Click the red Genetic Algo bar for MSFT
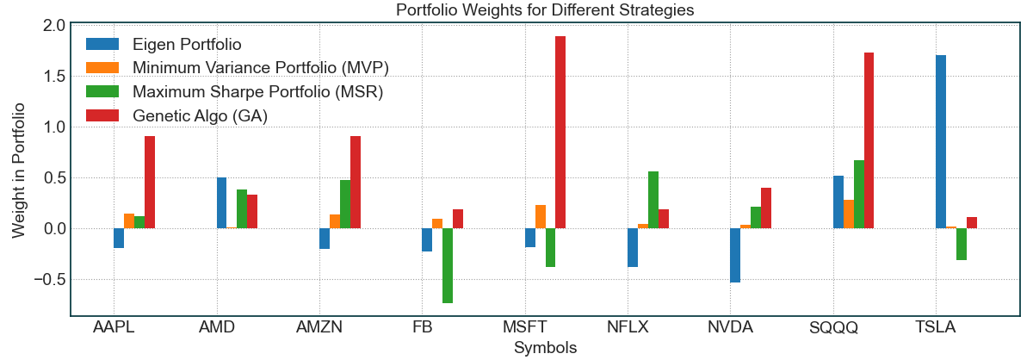[560, 133]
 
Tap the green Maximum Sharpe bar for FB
[448, 265]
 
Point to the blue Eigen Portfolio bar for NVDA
[735, 255]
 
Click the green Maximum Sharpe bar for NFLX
[653, 200]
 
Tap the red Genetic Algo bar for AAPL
[150, 183]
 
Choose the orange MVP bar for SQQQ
[848, 214]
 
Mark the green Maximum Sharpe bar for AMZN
[345, 204]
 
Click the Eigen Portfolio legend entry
[187, 43]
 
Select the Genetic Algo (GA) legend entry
[201, 115]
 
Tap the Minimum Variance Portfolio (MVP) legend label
[267, 67]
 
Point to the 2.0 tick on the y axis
[53, 26]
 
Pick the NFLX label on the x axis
[628, 328]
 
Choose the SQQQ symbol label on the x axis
[833, 328]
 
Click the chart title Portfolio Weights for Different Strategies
[545, 10]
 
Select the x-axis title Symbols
[545, 348]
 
